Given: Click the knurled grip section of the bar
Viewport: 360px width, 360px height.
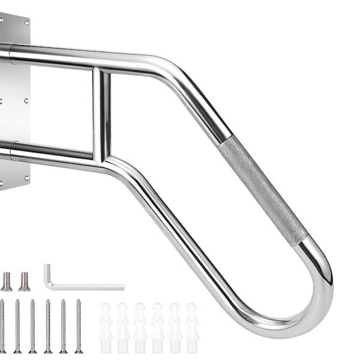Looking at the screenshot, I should click(265, 189).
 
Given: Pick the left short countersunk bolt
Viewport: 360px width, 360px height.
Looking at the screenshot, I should click(6, 281).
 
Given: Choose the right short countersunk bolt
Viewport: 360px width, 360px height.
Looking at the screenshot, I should click(24, 281).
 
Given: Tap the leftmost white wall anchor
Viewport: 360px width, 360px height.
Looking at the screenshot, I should click(106, 327).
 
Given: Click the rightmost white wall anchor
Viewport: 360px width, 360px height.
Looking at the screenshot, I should click(191, 327).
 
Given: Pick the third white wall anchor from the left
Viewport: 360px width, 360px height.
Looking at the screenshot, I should click(140, 327).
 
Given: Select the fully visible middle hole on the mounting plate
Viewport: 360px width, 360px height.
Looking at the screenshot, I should click(26, 101).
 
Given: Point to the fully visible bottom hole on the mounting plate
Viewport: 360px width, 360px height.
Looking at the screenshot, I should click(26, 177).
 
